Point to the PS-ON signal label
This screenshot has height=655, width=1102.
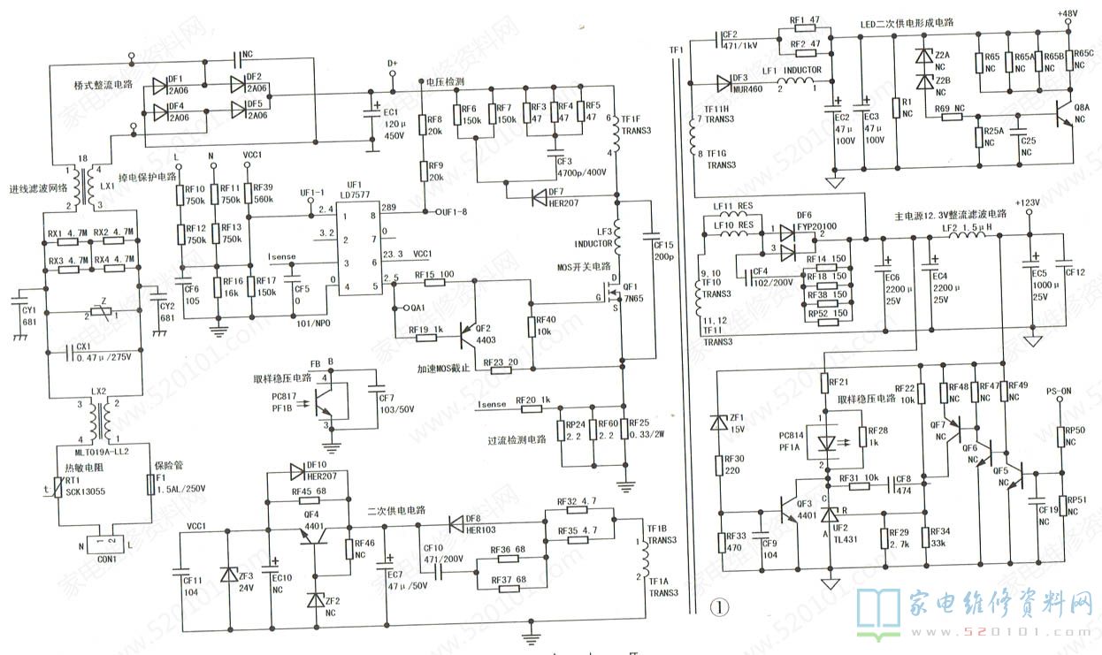coord(1059,390)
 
